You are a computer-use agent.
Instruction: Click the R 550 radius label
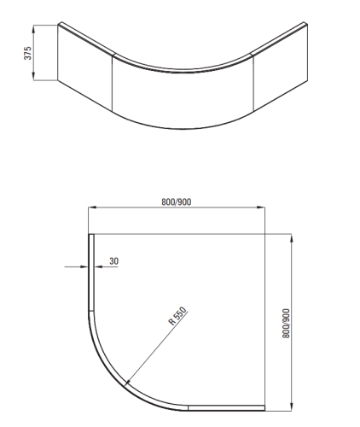pyautogui.click(x=177, y=319)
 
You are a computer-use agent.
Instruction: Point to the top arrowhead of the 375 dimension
pyautogui.click(x=34, y=29)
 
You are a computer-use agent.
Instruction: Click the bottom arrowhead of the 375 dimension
pyautogui.click(x=34, y=77)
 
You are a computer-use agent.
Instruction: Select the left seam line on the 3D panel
pyautogui.click(x=113, y=82)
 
